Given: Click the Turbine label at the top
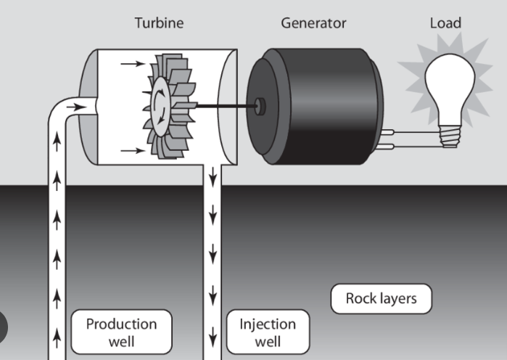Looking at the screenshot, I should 159,23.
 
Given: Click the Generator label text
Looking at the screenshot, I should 313,23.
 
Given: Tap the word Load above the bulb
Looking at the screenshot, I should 445,23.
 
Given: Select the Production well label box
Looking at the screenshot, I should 121,332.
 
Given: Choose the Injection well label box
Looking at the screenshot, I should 268,332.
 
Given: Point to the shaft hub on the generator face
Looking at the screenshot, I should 260,107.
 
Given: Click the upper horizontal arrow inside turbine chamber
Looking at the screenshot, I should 131,64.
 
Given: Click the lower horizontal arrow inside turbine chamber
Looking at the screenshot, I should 131,151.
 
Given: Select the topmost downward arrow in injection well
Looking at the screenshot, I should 213,179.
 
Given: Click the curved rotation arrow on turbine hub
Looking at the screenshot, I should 168,107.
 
